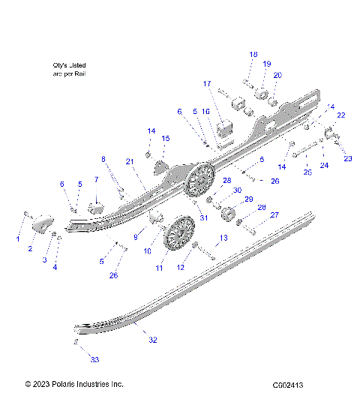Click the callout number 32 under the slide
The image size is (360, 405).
pyautogui.click(x=152, y=340)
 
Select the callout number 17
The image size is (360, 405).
pyautogui.click(x=206, y=83)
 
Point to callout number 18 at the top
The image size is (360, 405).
pyautogui.click(x=253, y=55)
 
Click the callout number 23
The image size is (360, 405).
pyautogui.click(x=347, y=158)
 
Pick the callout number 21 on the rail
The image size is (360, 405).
pyautogui.click(x=129, y=162)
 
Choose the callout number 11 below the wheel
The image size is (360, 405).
pyautogui.click(x=160, y=267)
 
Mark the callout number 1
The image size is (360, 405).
pyautogui.click(x=19, y=238)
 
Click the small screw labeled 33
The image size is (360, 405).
pyautogui.click(x=76, y=342)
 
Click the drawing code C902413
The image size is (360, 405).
pyautogui.click(x=288, y=385)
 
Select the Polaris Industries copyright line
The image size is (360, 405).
pyautogui.click(x=74, y=385)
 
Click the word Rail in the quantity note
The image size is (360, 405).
pyautogui.click(x=82, y=75)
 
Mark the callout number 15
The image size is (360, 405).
pyautogui.click(x=166, y=138)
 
